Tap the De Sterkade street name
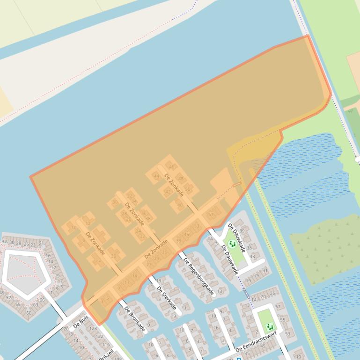tap(166, 298)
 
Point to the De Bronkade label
tap(134, 320)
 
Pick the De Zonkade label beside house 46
tap(174, 185)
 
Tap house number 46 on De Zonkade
tap(172, 167)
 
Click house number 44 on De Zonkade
tap(156, 176)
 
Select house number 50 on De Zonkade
tap(188, 189)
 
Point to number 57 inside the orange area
tap(211, 215)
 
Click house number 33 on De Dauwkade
tap(252, 256)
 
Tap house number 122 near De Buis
tap(99, 336)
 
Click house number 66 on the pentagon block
tap(42, 300)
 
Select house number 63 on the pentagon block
tap(36, 305)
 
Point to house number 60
tap(29, 313)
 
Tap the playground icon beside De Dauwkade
tap(232, 244)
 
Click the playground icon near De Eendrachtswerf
tap(269, 326)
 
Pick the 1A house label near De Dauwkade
tap(210, 238)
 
